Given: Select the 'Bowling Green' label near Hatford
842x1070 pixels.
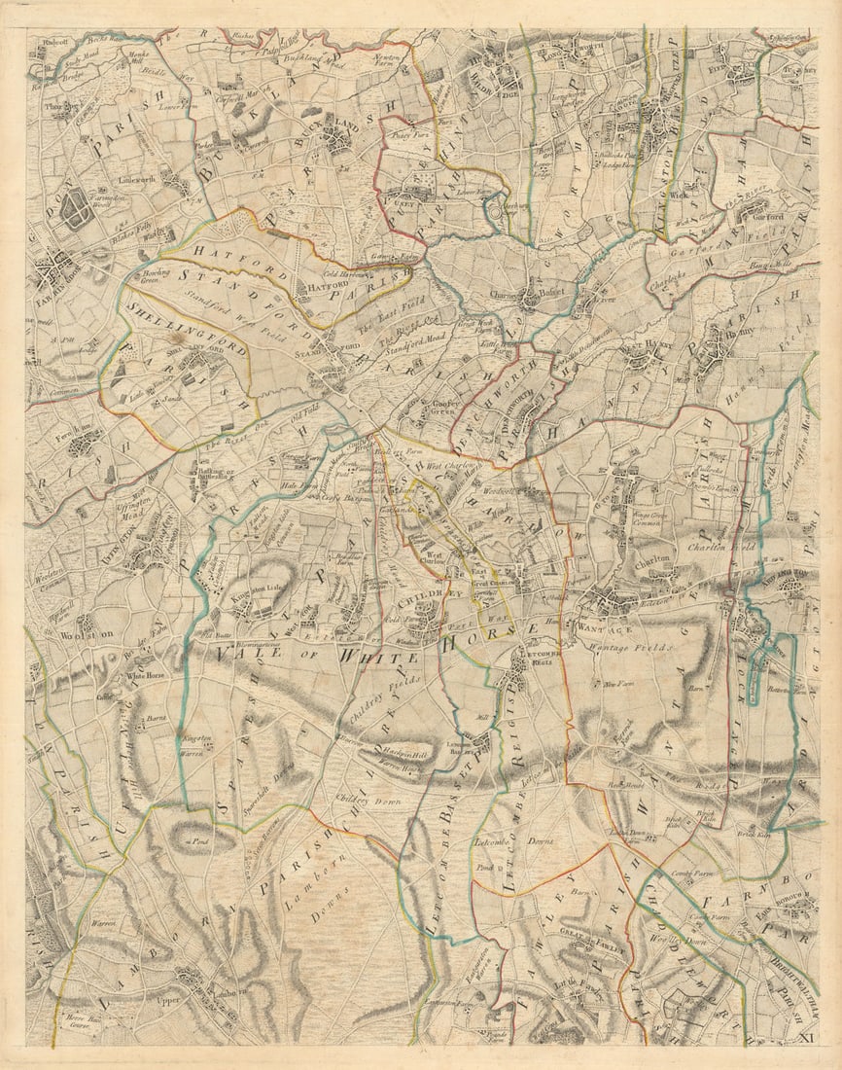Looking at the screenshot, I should [x=158, y=277].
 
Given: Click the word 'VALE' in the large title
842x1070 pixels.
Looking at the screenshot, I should [x=251, y=657].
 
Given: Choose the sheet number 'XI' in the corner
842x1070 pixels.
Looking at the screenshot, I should [x=805, y=1039].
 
